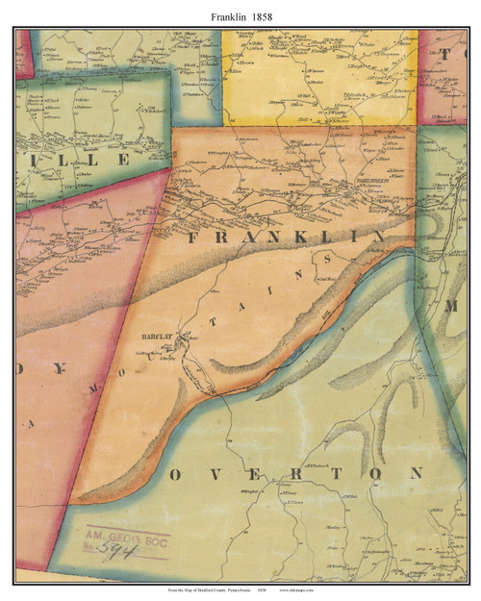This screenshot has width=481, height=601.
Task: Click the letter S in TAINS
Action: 329,260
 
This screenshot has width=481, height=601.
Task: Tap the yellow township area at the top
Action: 317,77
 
